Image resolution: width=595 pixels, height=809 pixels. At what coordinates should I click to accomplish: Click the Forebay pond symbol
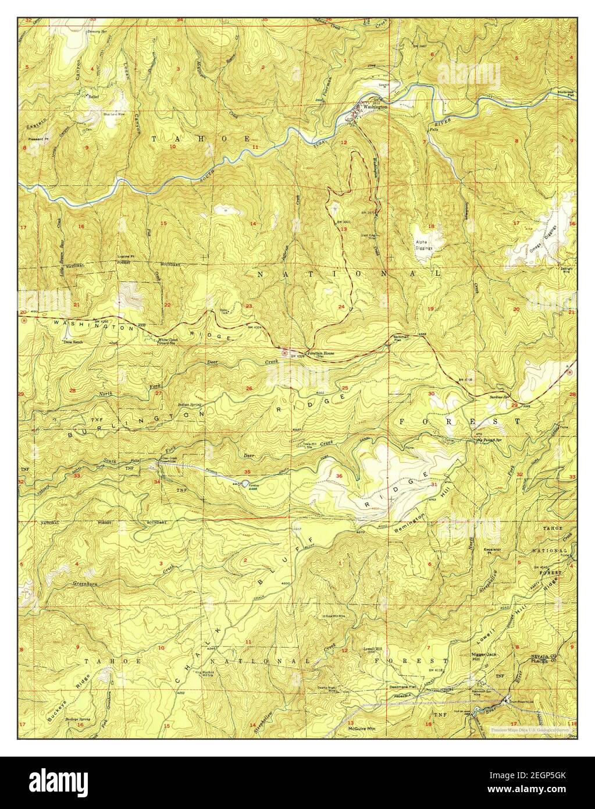click(x=244, y=485)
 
